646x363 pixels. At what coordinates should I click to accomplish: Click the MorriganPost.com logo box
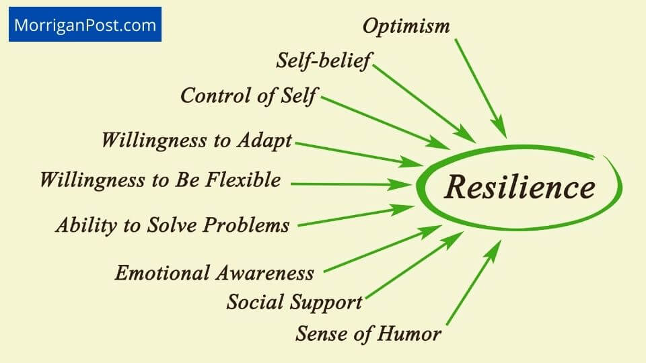(x=85, y=25)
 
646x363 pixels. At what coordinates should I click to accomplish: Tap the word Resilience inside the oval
(x=519, y=188)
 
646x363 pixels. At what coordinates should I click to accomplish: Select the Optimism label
(x=406, y=26)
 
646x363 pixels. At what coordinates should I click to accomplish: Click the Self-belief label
(x=324, y=61)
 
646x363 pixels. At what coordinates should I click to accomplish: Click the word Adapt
(x=264, y=140)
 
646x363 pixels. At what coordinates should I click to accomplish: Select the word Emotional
(x=161, y=273)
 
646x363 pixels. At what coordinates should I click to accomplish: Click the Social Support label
(x=294, y=302)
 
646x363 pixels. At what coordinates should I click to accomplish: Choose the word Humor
(x=412, y=333)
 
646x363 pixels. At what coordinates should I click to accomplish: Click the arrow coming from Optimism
(x=480, y=87)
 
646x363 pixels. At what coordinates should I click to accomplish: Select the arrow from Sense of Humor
(x=473, y=282)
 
